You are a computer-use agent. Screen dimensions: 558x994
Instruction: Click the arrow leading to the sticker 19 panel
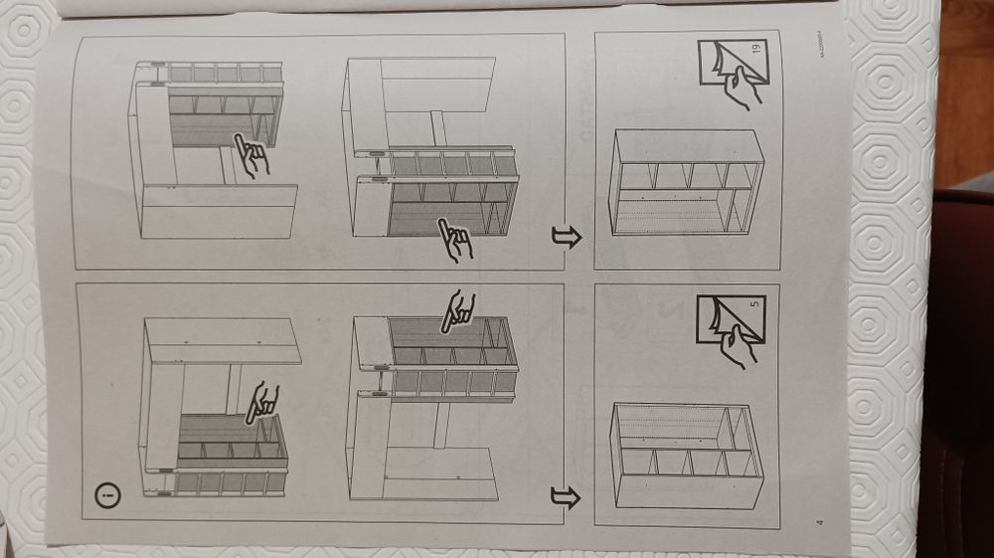(566, 238)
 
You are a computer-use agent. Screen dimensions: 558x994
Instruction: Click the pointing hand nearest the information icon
(261, 401)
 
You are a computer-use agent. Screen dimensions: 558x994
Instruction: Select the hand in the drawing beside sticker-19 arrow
(458, 240)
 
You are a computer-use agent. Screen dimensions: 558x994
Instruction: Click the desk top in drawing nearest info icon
(221, 340)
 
